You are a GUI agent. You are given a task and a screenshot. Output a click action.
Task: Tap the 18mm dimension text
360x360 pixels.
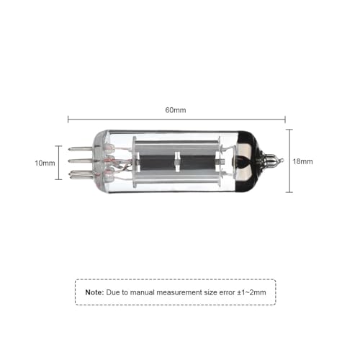(x=303, y=162)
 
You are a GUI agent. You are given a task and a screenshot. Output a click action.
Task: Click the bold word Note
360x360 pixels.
(x=94, y=292)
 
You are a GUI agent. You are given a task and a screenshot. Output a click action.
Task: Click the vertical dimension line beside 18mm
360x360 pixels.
(x=289, y=161)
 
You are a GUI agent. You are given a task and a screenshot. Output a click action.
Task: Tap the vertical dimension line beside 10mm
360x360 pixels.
(x=60, y=162)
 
